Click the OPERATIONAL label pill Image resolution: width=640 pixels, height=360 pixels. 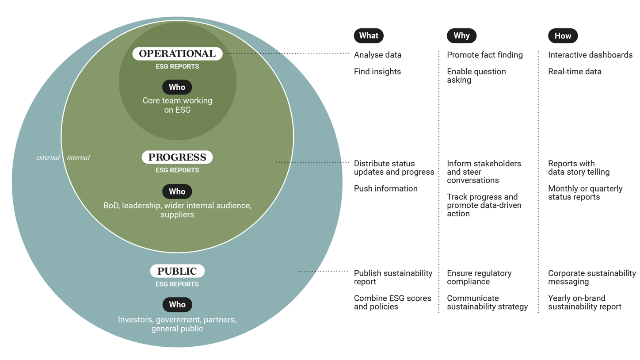point(177,54)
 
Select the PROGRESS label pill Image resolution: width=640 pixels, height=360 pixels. point(177,157)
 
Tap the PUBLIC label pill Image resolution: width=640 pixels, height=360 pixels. point(177,271)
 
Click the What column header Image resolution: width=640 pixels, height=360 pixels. point(369,36)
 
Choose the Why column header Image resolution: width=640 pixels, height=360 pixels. point(461,36)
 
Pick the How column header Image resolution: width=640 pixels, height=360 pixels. point(563,36)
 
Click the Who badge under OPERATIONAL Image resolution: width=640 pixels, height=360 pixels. point(177,87)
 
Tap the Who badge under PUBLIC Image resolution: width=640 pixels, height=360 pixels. point(177,305)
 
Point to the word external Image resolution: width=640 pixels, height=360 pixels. point(48,157)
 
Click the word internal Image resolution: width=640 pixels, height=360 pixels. point(78,157)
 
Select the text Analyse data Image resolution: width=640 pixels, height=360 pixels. point(378,55)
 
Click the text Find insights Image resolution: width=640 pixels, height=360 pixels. point(377,72)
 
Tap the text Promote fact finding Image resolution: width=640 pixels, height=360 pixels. point(485,55)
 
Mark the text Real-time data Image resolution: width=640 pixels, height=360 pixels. point(575,72)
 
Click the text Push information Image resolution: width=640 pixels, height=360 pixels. point(386,189)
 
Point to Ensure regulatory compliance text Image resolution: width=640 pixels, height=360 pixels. point(479,277)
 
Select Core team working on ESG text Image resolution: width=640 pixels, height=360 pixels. point(177,105)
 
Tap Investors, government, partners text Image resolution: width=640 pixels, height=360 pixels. point(177,320)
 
